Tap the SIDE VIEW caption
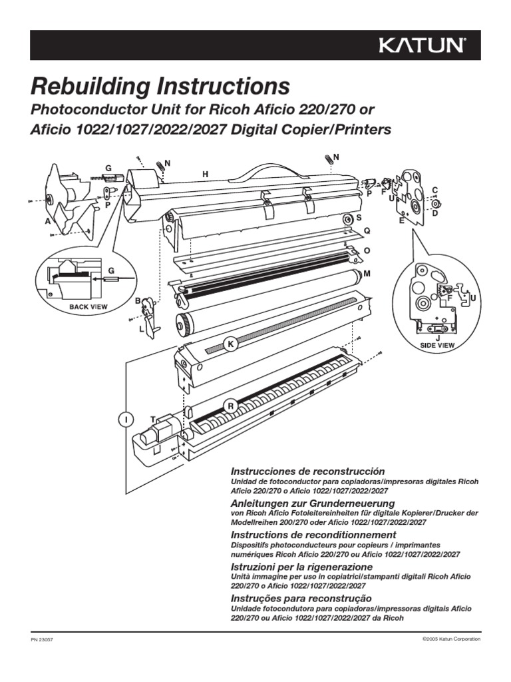[x=436, y=346]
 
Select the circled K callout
[x=230, y=344]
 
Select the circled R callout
[x=231, y=406]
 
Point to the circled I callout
[x=126, y=418]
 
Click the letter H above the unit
[x=206, y=174]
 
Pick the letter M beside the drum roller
[x=367, y=274]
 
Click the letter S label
[x=359, y=217]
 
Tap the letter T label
[x=153, y=419]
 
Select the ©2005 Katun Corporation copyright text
[x=451, y=639]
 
